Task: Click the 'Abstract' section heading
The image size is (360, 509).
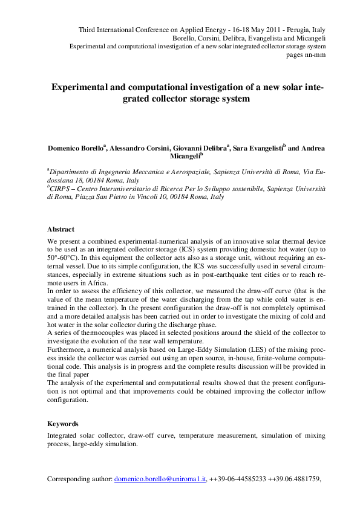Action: click(x=61, y=230)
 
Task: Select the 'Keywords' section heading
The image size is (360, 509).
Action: click(x=63, y=424)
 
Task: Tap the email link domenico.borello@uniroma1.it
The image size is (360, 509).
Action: click(x=160, y=479)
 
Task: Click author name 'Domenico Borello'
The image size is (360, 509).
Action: click(x=74, y=148)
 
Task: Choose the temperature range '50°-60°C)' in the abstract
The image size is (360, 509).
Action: click(x=64, y=257)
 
